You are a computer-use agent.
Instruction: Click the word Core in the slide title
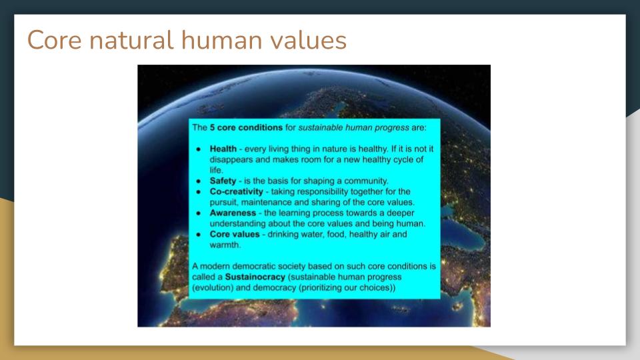(54, 40)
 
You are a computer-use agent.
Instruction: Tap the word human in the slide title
(221, 40)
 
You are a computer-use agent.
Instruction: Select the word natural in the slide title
(131, 40)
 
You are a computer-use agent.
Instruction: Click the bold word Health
(223, 149)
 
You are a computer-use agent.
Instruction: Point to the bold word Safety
(223, 181)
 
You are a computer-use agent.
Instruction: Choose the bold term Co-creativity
(236, 191)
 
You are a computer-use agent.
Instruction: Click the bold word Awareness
(233, 213)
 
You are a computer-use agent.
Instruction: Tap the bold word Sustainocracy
(255, 277)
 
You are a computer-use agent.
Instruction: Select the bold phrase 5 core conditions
(246, 127)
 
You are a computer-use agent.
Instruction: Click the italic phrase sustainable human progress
(353, 128)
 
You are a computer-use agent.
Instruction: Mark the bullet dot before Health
(199, 149)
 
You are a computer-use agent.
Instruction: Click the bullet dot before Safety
(199, 181)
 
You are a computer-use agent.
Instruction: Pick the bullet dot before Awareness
(199, 213)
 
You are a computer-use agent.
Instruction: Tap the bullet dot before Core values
(199, 235)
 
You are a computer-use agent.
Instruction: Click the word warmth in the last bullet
(225, 245)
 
